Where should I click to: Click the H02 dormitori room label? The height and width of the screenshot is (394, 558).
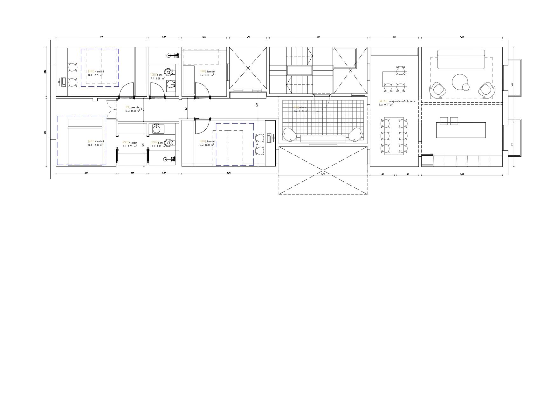[96, 71]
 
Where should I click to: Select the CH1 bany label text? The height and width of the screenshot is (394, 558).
[156, 75]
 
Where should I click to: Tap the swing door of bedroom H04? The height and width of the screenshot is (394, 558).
[201, 89]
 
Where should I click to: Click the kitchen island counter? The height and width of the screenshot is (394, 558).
[461, 130]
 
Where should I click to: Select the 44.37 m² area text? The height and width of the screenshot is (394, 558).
[386, 105]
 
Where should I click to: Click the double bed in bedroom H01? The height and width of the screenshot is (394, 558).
[85, 146]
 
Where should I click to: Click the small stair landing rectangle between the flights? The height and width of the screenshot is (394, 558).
[300, 70]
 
